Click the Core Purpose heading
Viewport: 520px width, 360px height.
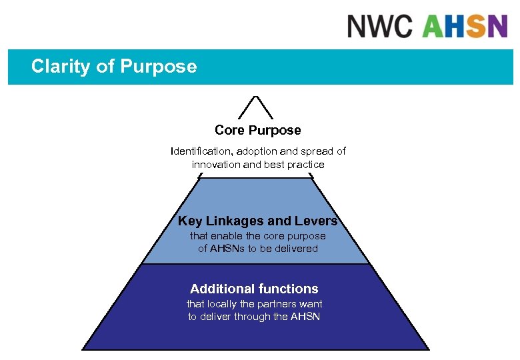click(257, 130)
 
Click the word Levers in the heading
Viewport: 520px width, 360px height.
click(316, 221)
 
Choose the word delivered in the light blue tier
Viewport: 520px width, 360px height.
click(296, 249)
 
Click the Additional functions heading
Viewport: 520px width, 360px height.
click(254, 289)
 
